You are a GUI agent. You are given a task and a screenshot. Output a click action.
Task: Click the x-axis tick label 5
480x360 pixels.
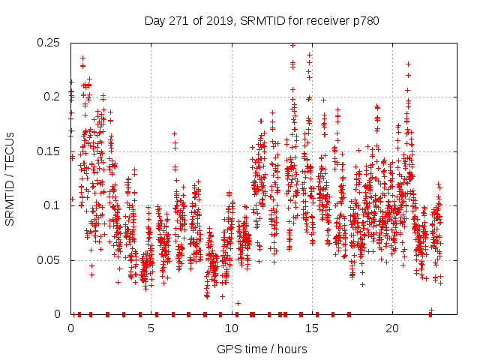[x=151, y=328]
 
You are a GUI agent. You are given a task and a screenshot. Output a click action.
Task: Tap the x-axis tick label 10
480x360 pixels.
[x=232, y=328]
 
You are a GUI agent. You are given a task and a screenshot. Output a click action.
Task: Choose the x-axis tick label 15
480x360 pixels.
[x=312, y=328]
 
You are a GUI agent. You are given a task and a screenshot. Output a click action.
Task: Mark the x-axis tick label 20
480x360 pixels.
[x=392, y=328]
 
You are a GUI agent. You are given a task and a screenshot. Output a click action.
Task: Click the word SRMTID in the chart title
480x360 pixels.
[x=256, y=21]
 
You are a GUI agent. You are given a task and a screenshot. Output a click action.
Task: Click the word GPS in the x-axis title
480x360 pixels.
[x=228, y=349]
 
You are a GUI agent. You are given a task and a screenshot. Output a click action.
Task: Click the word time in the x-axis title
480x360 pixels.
[x=253, y=349]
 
